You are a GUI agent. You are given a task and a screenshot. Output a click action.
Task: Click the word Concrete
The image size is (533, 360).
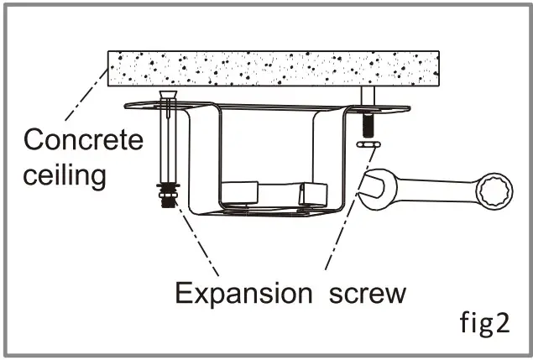click(x=84, y=139)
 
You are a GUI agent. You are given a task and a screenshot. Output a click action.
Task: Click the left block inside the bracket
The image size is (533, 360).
click(x=241, y=192)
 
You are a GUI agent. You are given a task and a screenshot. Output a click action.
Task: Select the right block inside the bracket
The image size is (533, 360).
click(x=312, y=193)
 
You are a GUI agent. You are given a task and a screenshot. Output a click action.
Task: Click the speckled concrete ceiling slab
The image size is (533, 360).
click(x=277, y=67)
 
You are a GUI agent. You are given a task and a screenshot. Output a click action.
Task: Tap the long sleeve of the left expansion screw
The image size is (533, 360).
click(x=170, y=147)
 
